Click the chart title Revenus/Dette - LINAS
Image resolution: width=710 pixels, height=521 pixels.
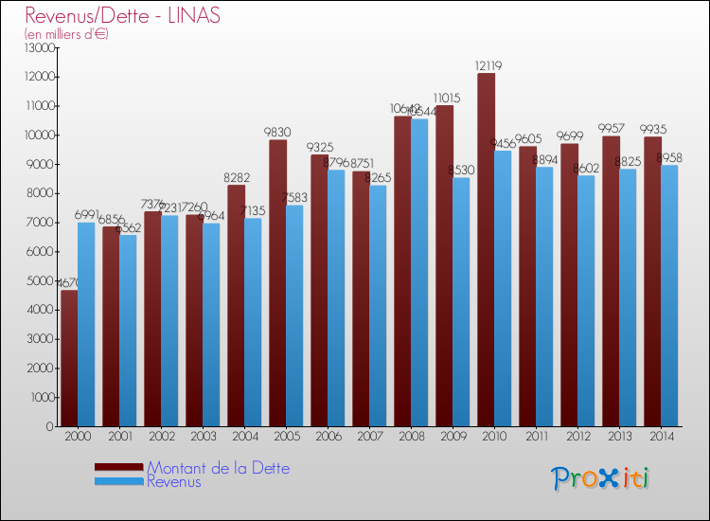[123, 16]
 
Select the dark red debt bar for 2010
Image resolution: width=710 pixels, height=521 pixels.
[486, 251]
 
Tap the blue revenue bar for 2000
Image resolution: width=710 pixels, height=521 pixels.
[86, 324]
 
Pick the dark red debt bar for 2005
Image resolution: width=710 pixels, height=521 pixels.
[277, 283]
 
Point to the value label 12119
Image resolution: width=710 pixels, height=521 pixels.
[486, 65]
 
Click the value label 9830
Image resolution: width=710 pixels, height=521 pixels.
[277, 133]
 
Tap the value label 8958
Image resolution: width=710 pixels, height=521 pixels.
[667, 157]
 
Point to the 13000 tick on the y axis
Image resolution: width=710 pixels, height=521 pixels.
[39, 47]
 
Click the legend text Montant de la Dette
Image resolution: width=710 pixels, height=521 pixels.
[218, 468]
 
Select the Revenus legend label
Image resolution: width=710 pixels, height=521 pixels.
[174, 482]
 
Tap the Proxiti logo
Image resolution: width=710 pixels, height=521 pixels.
[600, 478]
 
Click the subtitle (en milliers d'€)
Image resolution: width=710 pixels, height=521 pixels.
[67, 34]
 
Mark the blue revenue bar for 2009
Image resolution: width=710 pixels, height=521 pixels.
[461, 302]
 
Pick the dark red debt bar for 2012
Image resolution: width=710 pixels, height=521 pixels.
[569, 284]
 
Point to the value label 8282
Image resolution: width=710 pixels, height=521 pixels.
[236, 177]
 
